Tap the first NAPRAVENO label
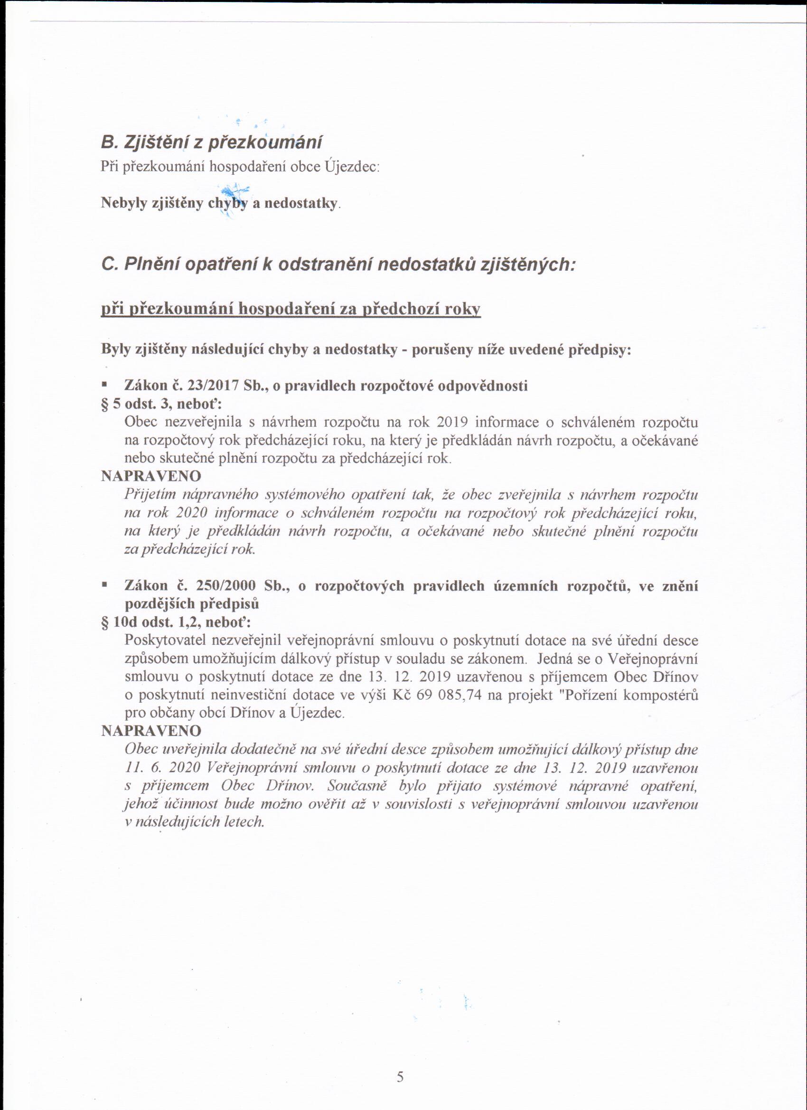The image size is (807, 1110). (151, 476)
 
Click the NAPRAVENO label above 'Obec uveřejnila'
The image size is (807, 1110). (151, 731)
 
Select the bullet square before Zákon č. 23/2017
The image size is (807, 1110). (104, 385)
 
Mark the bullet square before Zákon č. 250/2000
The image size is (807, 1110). (104, 585)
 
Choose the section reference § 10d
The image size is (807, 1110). (120, 622)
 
